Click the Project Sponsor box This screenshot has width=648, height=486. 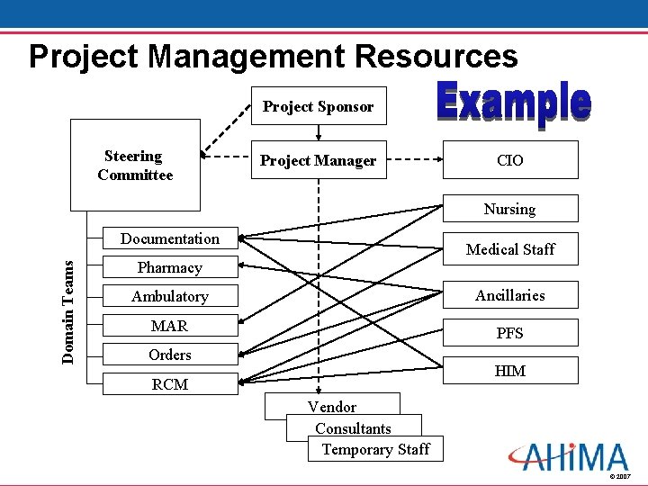pyautogui.click(x=318, y=106)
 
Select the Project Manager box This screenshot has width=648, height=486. pyautogui.click(x=318, y=161)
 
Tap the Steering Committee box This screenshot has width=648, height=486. pyautogui.click(x=135, y=166)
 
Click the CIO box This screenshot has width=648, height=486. pyautogui.click(x=509, y=161)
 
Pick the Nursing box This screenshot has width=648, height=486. pyautogui.click(x=509, y=209)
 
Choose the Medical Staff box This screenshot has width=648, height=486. pyautogui.click(x=510, y=249)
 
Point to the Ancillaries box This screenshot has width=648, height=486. pyautogui.click(x=510, y=295)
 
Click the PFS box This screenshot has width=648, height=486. pyautogui.click(x=510, y=333)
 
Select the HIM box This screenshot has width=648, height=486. pyautogui.click(x=510, y=371)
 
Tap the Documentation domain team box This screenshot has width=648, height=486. pyautogui.click(x=169, y=238)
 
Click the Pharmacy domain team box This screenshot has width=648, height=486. pyautogui.click(x=169, y=267)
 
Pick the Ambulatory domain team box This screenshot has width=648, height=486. pyautogui.click(x=169, y=296)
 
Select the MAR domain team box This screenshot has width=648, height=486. pyautogui.click(x=169, y=325)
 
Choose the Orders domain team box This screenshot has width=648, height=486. pyautogui.click(x=169, y=355)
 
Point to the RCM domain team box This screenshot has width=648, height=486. pyautogui.click(x=169, y=384)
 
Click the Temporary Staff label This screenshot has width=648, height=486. pyautogui.click(x=375, y=449)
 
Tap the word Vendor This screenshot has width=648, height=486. pyautogui.click(x=332, y=407)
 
